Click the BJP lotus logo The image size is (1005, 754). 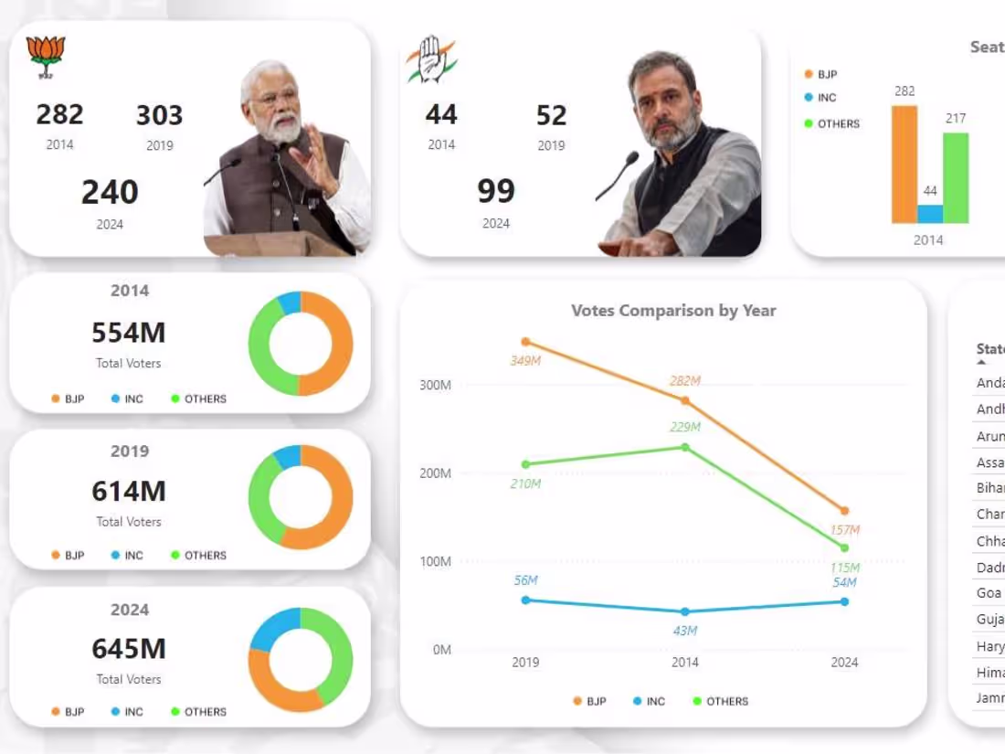(46, 55)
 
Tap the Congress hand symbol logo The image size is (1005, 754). (430, 59)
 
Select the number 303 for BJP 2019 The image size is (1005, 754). (159, 116)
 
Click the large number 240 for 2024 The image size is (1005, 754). (110, 193)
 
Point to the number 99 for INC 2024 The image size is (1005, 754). (496, 191)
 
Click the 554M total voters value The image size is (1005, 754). (129, 333)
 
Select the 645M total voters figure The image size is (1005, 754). (129, 649)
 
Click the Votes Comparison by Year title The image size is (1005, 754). (673, 311)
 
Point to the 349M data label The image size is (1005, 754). (525, 361)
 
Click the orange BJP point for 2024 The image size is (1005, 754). (844, 511)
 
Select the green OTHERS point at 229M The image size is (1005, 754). (685, 447)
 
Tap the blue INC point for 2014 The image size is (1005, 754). (685, 611)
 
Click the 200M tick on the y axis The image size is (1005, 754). (436, 473)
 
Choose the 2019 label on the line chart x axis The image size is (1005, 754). (525, 663)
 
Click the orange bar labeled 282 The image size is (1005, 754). (904, 165)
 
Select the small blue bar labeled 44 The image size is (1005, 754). (930, 214)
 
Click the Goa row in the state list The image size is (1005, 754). (989, 593)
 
